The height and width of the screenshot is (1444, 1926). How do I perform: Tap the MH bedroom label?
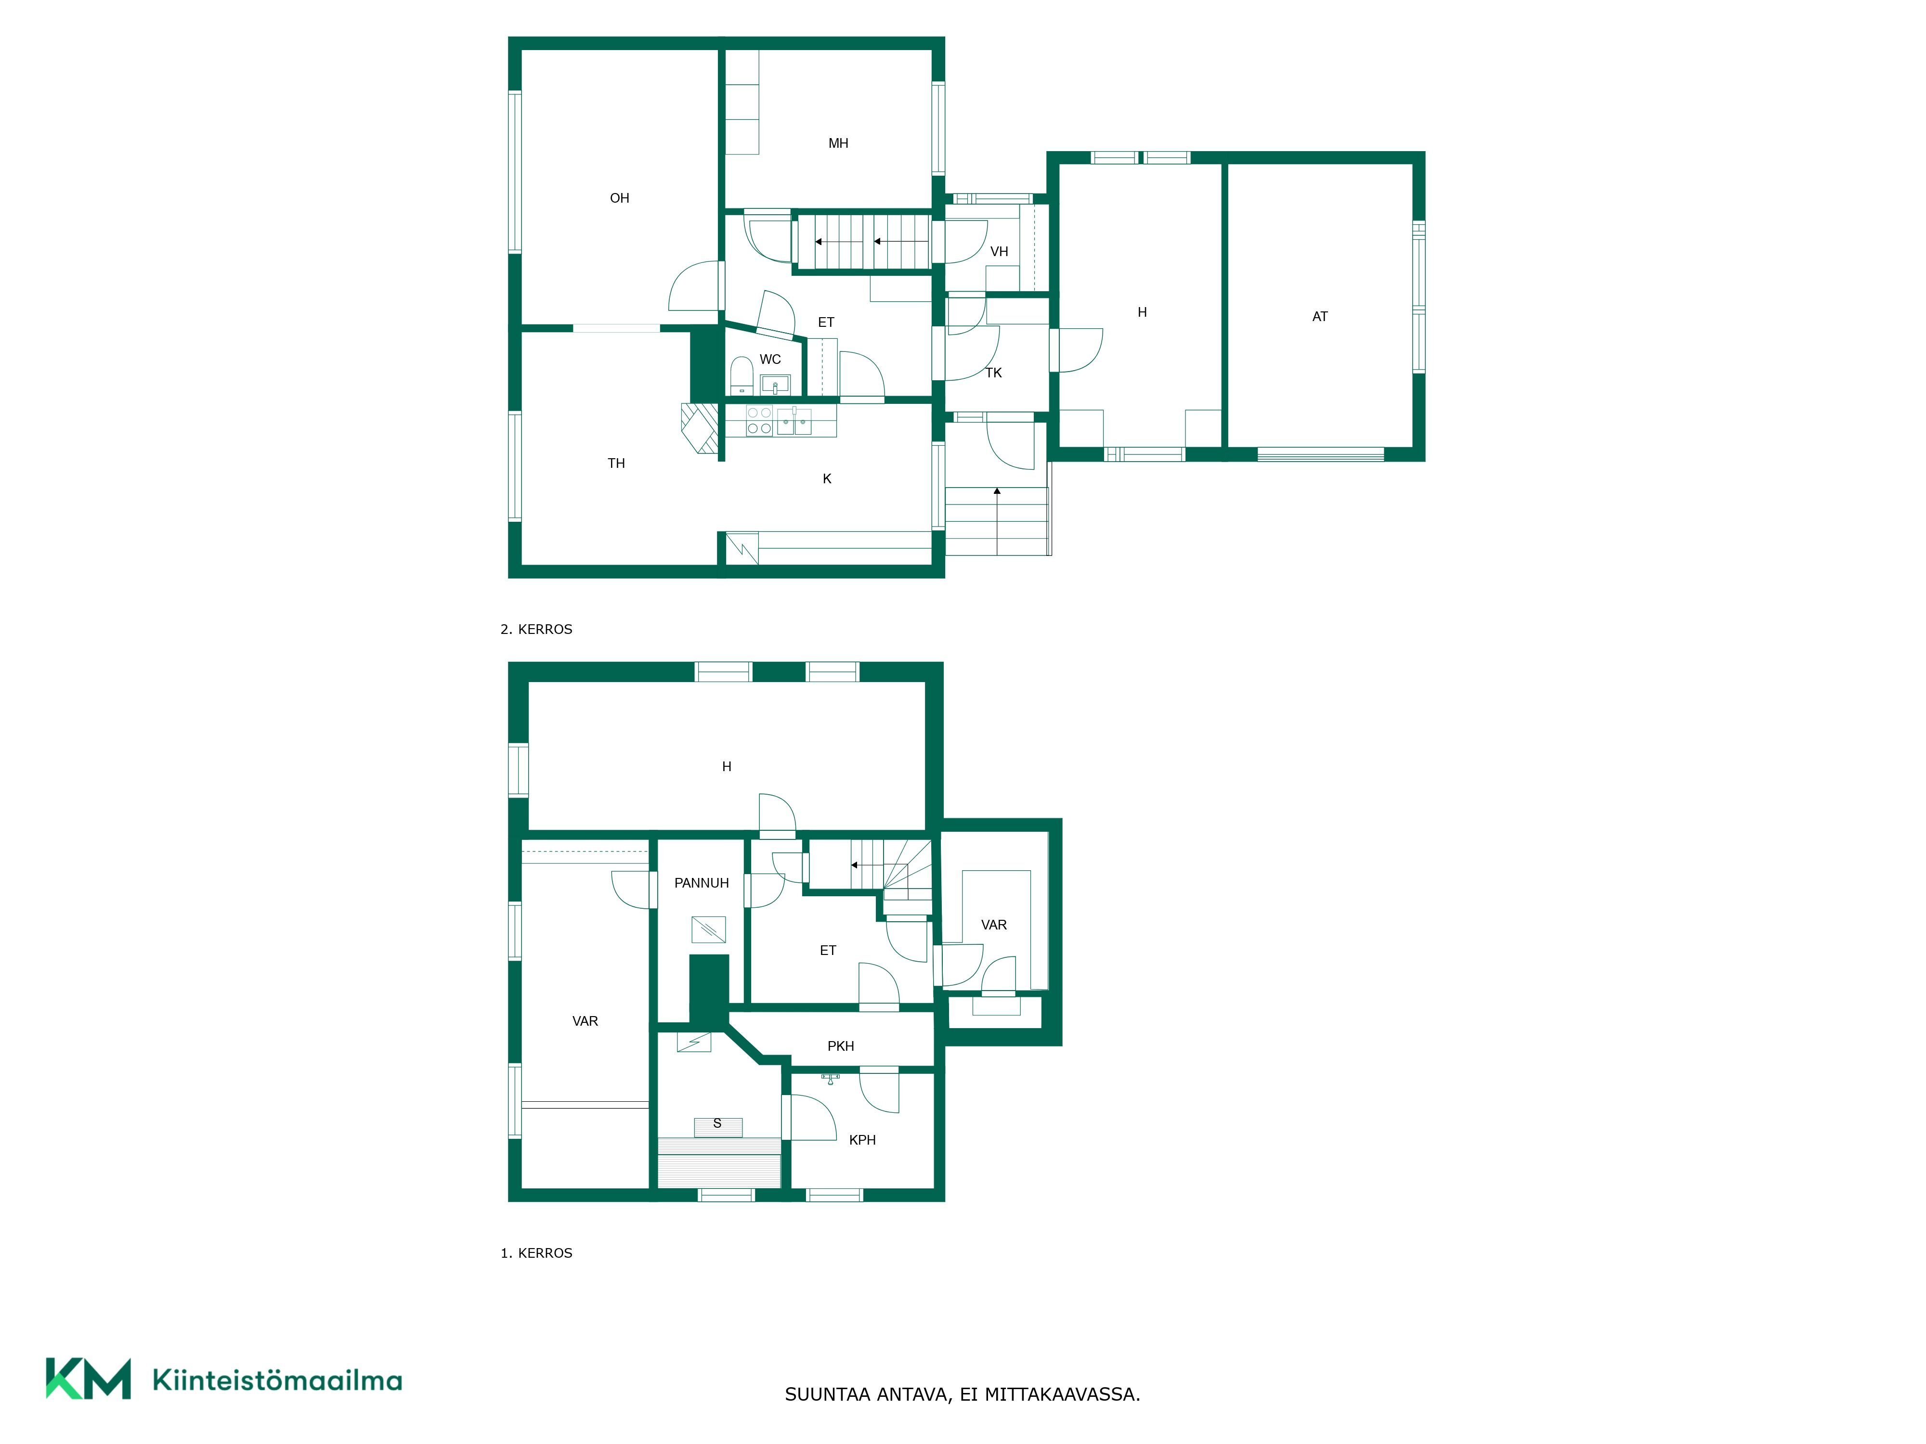click(838, 143)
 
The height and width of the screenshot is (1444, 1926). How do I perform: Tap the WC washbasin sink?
click(775, 384)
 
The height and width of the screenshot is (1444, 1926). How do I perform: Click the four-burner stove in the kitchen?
click(759, 420)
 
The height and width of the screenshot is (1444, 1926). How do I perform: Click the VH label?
click(999, 252)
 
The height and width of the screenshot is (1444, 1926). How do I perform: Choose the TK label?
click(993, 373)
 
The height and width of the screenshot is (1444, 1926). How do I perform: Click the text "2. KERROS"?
click(536, 629)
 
